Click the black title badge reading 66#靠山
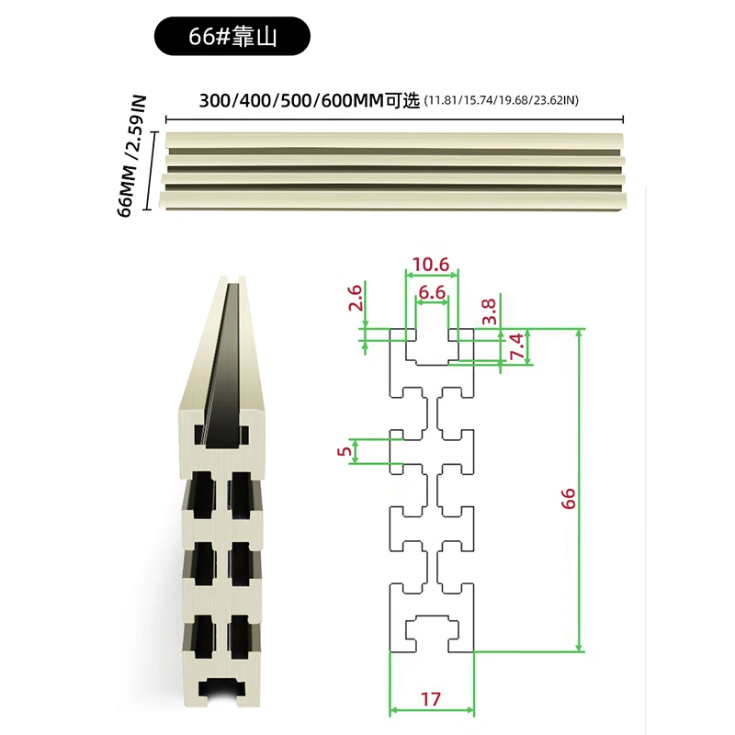(232, 36)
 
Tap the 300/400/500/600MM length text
(291, 101)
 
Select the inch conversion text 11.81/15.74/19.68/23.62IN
(501, 100)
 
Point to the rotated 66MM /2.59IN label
(131, 156)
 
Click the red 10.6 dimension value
(431, 265)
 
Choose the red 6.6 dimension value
(432, 292)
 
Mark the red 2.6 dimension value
(356, 298)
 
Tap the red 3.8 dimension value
(489, 311)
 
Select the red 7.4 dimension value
(516, 346)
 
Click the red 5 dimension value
(345, 451)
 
